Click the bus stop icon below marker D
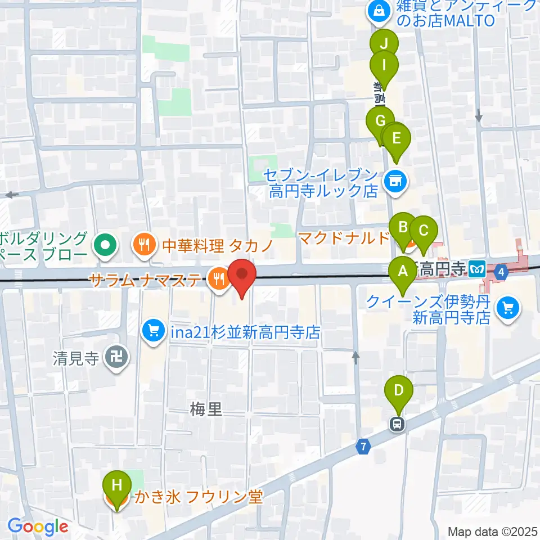pos(398,424)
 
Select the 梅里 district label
pos(205,411)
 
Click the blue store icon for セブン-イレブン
pos(396,181)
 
